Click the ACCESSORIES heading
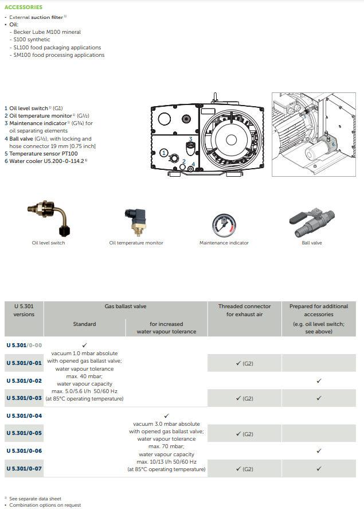24,7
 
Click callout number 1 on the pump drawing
164,153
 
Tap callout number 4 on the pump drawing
193,164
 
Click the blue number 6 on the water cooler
333,144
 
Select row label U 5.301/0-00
24,345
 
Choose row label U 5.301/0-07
24,469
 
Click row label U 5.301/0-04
24,415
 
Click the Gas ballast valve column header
125,306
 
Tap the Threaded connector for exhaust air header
244,310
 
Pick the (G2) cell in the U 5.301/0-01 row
244,363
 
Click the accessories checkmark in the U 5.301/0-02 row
319,380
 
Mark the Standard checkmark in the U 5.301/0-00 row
84,345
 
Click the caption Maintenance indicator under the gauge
224,243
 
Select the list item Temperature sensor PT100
41,153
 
